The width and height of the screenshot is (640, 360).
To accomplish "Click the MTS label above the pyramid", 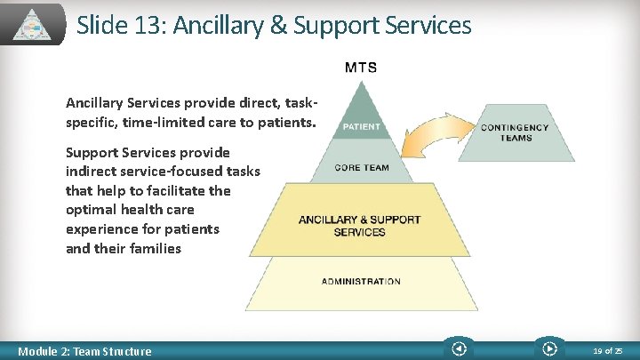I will click(x=360, y=68).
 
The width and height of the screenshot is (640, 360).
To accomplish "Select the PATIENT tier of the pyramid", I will click(x=361, y=125).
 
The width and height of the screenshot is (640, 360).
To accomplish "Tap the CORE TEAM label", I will click(x=362, y=167).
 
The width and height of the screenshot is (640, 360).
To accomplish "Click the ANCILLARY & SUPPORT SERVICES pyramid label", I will click(x=360, y=226).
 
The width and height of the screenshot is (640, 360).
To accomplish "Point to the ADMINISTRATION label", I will click(x=361, y=282).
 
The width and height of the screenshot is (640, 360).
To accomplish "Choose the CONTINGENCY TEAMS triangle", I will click(x=516, y=132).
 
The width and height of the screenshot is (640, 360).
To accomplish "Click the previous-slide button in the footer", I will click(x=460, y=349).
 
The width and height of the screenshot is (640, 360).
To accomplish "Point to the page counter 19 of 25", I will click(x=609, y=350).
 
